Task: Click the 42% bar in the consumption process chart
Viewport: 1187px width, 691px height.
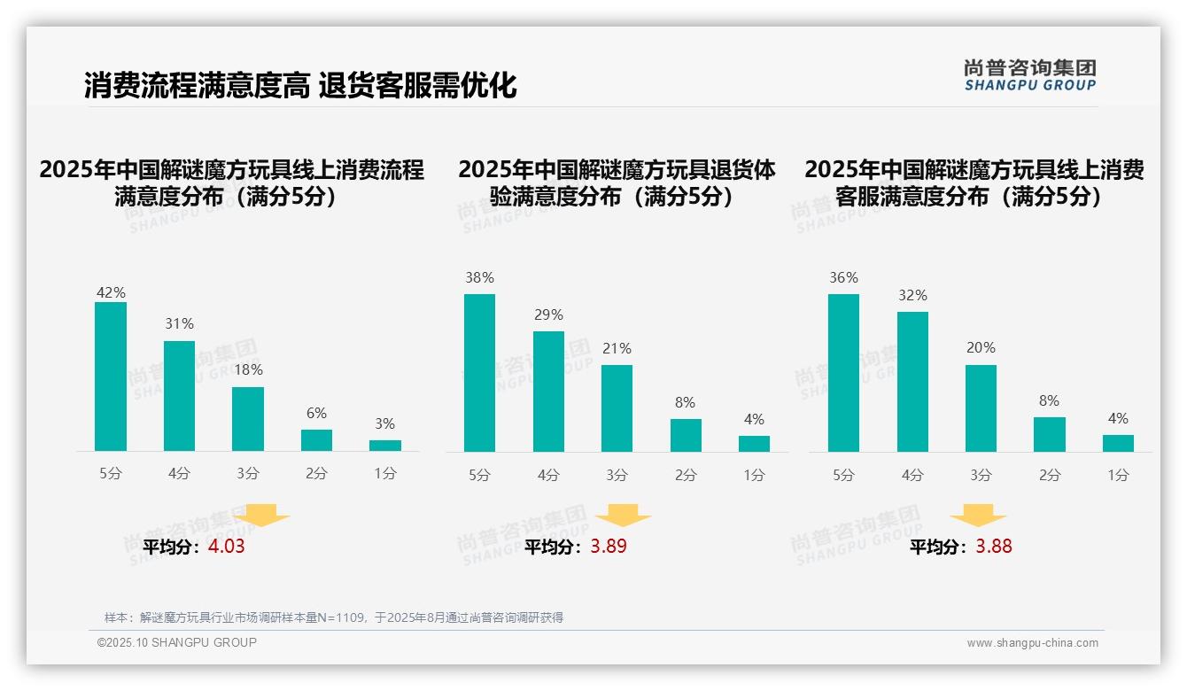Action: point(111,377)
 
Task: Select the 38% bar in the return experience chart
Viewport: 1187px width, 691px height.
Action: point(479,373)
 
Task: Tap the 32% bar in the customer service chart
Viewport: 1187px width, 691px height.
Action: point(912,382)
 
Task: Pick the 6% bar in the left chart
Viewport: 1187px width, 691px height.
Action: point(316,440)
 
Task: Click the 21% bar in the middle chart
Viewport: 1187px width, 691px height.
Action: point(617,408)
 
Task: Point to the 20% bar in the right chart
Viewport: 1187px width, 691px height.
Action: point(981,408)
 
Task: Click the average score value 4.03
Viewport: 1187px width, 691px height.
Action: point(226,547)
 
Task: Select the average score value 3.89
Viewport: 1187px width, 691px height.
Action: point(609,547)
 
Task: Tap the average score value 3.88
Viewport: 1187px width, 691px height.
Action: point(994,547)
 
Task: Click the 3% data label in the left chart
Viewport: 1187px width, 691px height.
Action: point(384,424)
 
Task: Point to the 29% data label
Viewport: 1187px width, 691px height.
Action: point(548,314)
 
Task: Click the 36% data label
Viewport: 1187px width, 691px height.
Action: point(843,277)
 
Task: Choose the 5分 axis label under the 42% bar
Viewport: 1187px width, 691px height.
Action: point(111,474)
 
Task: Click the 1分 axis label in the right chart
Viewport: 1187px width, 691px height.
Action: point(1118,476)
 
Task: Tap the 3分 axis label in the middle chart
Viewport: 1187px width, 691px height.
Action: point(617,476)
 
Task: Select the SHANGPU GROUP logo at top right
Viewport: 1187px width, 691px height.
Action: point(1029,75)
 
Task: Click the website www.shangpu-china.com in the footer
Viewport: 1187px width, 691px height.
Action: point(1032,643)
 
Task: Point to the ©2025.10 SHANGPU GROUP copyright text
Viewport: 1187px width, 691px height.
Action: point(177,642)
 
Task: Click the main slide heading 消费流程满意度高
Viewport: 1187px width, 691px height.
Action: point(197,86)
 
